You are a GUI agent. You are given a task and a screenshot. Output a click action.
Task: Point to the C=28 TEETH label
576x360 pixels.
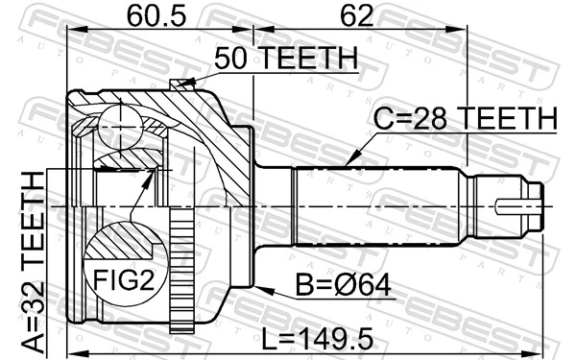(465, 118)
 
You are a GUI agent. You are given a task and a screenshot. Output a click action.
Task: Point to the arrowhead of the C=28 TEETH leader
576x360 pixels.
(348, 162)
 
